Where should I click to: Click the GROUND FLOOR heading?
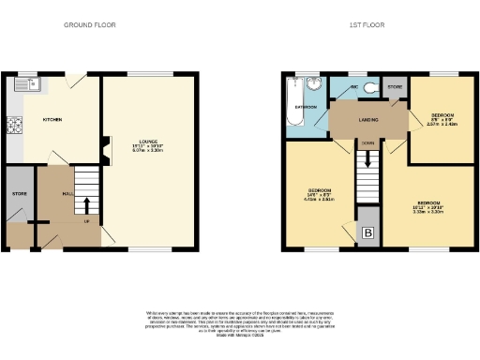(90, 25)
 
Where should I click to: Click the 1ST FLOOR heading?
(367, 25)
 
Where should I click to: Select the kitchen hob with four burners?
(14, 124)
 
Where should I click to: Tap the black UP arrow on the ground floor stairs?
(86, 204)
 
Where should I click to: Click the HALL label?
(68, 193)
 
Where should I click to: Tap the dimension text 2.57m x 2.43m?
(442, 124)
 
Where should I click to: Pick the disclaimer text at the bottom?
(240, 318)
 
